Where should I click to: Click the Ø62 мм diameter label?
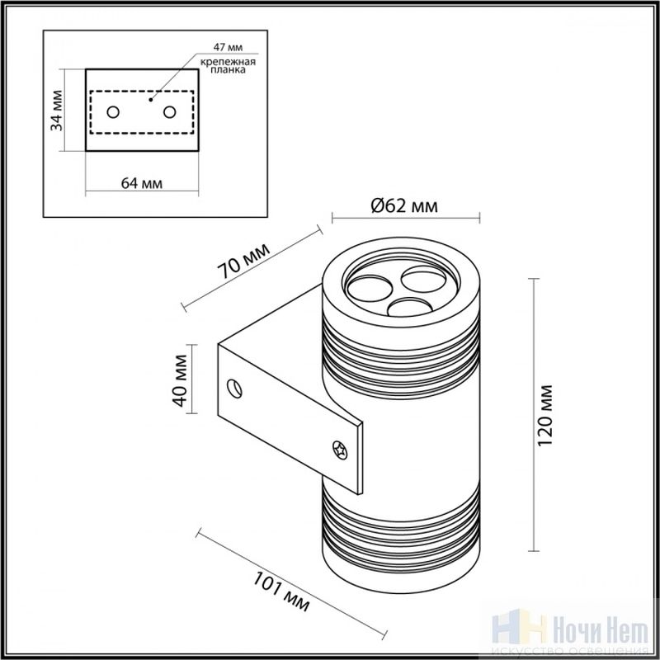[404, 205]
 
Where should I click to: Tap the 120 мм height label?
[545, 415]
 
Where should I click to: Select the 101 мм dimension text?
[280, 592]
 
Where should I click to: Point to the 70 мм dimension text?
[243, 261]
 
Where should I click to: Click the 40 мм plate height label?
[180, 380]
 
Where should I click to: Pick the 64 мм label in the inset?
[141, 183]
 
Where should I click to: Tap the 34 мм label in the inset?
[56, 111]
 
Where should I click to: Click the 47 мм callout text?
[228, 47]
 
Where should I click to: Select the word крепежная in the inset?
[228, 63]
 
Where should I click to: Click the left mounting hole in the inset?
[113, 112]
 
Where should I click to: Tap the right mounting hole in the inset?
[170, 112]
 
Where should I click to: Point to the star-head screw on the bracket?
[340, 450]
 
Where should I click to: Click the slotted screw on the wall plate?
[234, 388]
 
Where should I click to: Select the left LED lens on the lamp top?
[369, 288]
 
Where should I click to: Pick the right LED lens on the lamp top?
[424, 279]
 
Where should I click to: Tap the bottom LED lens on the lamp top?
[409, 307]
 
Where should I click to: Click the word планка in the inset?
[228, 70]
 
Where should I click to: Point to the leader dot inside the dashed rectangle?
[151, 100]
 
